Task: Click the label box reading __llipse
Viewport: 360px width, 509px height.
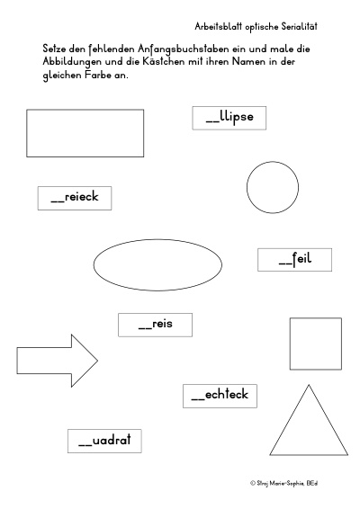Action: coord(229,118)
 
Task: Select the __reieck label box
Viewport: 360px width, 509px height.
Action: coord(75,198)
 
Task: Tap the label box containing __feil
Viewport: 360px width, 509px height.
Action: coord(294,260)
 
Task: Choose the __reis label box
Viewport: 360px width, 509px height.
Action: coord(156,325)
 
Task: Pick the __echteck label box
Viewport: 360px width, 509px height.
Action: coord(220,396)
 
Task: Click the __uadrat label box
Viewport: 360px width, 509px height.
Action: coord(104,441)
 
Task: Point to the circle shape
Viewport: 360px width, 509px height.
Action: coord(247,187)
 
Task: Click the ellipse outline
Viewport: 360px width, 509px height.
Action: coord(157,239)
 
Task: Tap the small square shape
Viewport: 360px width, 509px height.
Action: coord(290,344)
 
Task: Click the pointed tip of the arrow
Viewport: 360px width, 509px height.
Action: coord(98,361)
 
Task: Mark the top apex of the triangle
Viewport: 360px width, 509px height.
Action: coord(309,385)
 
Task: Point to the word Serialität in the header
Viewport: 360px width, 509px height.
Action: coord(299,26)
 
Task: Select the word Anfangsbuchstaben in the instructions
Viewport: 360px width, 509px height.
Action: coord(184,49)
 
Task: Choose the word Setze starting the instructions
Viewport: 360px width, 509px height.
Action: coord(54,49)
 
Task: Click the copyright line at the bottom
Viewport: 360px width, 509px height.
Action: coord(284,483)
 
